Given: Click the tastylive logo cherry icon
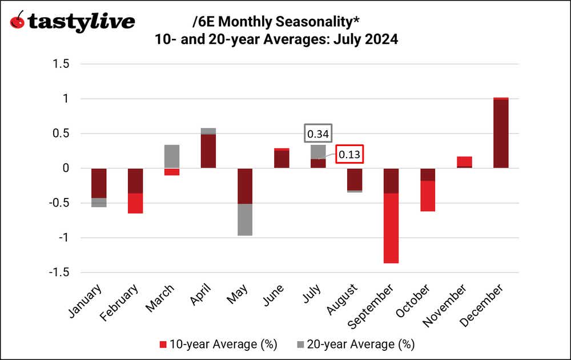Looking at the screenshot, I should (x=18, y=22).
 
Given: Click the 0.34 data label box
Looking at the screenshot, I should (x=318, y=134).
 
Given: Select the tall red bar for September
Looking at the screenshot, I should (x=391, y=228).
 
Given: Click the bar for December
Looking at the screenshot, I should (x=501, y=133).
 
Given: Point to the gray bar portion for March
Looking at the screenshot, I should (x=172, y=156).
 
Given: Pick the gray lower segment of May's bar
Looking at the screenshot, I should (x=245, y=220).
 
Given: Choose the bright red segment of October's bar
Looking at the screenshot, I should (x=428, y=196).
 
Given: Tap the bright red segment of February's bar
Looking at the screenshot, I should (x=135, y=203).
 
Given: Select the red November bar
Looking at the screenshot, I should (x=464, y=161).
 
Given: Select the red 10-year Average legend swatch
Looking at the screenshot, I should (x=163, y=344).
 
